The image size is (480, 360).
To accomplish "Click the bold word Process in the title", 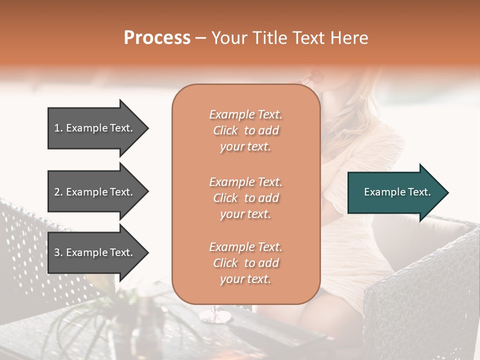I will (x=157, y=38).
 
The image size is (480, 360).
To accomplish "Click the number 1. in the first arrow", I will (x=58, y=128).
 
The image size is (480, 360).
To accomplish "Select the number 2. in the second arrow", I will (x=58, y=192).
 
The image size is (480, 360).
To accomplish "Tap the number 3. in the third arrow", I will (x=58, y=252).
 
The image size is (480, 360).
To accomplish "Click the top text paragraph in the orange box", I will (x=245, y=130).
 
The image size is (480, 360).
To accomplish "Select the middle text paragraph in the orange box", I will (x=245, y=198).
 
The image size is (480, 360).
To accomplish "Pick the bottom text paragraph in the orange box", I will (x=245, y=263).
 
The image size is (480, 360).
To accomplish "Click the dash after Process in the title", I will (x=200, y=38).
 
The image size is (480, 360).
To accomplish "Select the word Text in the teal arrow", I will (x=419, y=192).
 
